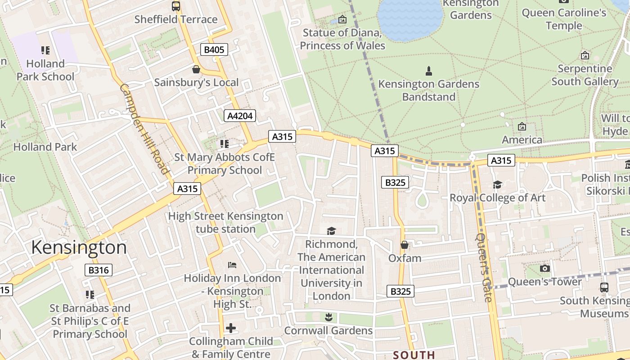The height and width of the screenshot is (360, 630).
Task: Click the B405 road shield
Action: coord(214,49)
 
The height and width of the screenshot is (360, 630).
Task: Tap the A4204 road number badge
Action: coord(240,116)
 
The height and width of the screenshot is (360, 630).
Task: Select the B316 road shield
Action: coord(98,270)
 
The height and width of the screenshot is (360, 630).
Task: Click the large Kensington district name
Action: coord(79,248)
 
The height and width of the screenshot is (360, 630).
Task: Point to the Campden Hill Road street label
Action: coord(144,129)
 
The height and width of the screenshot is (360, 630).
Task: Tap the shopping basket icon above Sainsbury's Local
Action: coord(196,69)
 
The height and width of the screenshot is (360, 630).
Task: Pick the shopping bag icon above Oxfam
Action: coord(405,245)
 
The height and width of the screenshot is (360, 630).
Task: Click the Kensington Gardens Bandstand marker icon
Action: coord(428,71)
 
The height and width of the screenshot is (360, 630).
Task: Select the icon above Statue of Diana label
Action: coord(342,19)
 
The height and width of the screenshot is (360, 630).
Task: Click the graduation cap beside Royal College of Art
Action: coord(497,184)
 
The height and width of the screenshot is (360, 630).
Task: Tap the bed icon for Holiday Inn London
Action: coord(232,265)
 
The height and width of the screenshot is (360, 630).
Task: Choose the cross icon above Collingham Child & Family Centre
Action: coord(231,328)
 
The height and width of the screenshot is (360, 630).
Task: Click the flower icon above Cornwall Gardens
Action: coord(328,317)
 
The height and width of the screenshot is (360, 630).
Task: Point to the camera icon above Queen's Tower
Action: coord(545,269)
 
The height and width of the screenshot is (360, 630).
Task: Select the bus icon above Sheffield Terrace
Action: coord(176,6)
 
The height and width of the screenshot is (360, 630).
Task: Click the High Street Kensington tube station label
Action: coord(225,223)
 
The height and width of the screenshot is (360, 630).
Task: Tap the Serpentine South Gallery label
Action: coord(585,75)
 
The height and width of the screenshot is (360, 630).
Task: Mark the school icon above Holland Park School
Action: coord(45,50)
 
